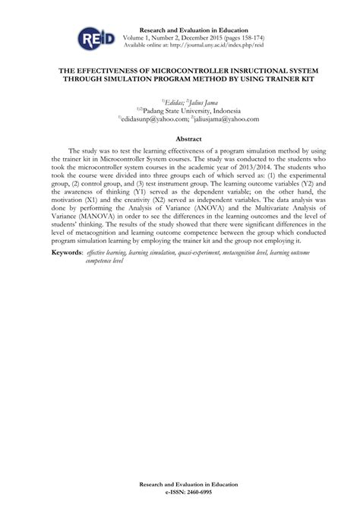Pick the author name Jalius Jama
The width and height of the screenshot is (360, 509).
[x=201, y=100]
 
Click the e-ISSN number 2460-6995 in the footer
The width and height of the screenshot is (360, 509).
[x=197, y=492]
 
